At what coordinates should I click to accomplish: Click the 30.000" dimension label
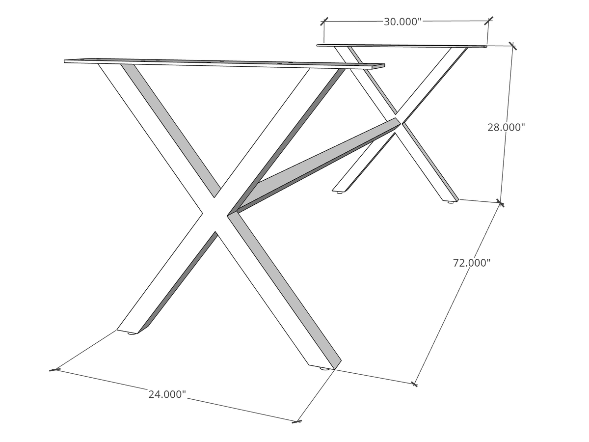pyautogui.click(x=402, y=22)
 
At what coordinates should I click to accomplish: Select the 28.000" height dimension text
pyautogui.click(x=506, y=127)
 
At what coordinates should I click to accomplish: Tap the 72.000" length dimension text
pyautogui.click(x=472, y=263)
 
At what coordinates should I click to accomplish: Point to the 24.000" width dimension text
pyautogui.click(x=167, y=394)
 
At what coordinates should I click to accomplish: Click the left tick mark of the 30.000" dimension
pyautogui.click(x=324, y=22)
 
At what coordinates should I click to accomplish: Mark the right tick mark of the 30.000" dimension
pyautogui.click(x=488, y=21)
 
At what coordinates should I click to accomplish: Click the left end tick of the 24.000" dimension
pyautogui.click(x=54, y=369)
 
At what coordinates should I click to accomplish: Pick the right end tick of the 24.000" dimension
pyautogui.click(x=296, y=421)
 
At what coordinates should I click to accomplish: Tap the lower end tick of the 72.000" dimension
pyautogui.click(x=414, y=384)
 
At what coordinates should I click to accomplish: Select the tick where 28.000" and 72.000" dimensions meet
pyautogui.click(x=500, y=202)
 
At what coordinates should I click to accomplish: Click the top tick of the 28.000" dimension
pyautogui.click(x=512, y=46)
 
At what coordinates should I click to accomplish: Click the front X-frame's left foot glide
pyautogui.click(x=132, y=333)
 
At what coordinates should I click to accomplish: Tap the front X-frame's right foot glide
pyautogui.click(x=324, y=368)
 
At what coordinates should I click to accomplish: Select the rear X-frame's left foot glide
pyautogui.click(x=340, y=192)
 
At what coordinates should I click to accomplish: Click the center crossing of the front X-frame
pyautogui.click(x=215, y=214)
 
